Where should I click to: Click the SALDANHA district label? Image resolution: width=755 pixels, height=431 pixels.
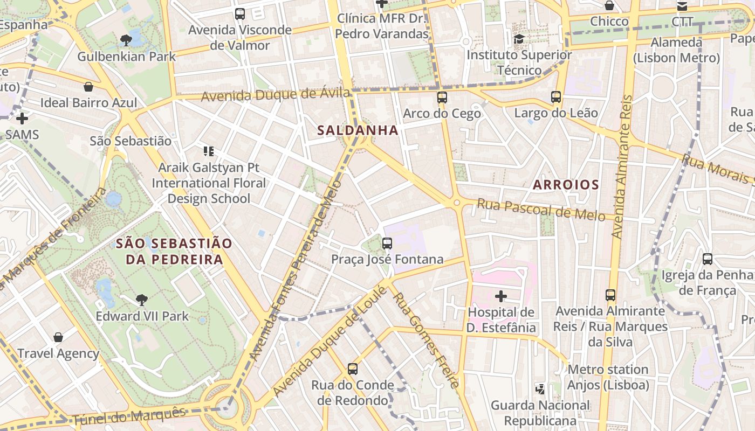coord(358,130)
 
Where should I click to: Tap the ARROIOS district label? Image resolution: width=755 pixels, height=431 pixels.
coord(566,185)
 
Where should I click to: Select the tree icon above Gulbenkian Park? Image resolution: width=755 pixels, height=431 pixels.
coord(126,40)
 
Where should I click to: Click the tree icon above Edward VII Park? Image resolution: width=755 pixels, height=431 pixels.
coord(142,300)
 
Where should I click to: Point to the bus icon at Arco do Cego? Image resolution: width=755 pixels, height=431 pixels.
coord(442,98)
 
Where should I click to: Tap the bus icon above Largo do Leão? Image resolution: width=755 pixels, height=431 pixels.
coord(556,97)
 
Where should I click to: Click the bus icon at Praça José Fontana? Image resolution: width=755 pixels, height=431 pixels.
coord(387,243)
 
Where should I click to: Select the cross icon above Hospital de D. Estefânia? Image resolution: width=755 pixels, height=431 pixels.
coord(501,296)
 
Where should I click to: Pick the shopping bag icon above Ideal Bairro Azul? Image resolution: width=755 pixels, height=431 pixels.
coord(88,87)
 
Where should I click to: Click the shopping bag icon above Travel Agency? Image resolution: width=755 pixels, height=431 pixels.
coord(58,338)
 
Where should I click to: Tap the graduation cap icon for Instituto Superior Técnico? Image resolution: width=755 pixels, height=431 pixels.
coord(519,39)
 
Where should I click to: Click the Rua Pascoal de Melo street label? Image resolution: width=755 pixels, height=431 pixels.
coord(541,209)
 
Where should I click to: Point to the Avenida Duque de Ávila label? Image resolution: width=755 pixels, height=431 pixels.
coord(276,95)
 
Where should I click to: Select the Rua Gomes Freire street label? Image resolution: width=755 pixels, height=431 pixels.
coord(426,340)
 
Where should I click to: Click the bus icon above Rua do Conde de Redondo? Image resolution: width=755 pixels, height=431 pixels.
coord(353,369)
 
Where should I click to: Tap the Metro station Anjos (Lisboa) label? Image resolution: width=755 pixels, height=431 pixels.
coord(608,377)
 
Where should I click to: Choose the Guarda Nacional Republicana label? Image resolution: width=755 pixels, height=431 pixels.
coord(540,413)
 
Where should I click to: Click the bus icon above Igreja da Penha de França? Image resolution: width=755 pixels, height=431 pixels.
coord(708,259)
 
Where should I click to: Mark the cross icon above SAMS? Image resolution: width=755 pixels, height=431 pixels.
coord(22,118)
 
